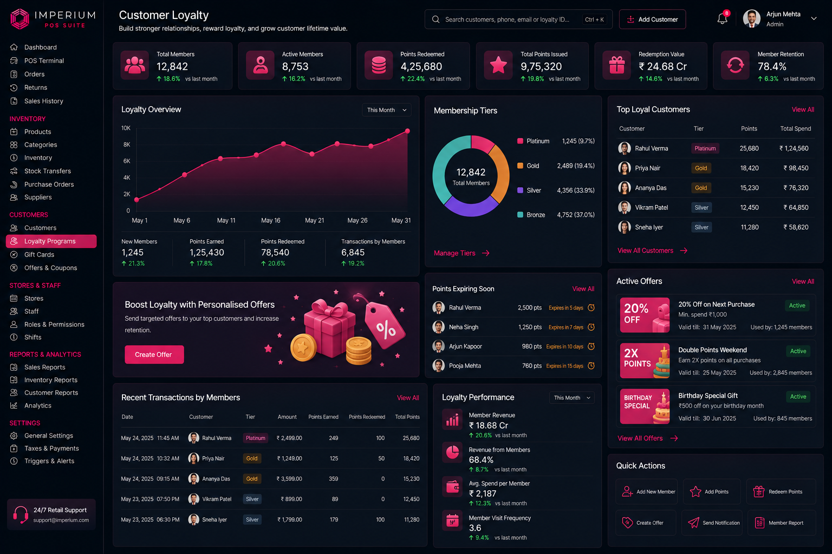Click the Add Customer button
pyautogui.click(x=652, y=19)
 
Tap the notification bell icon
pyautogui.click(x=722, y=18)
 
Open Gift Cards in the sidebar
pyautogui.click(x=39, y=255)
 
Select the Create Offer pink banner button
pyautogui.click(x=154, y=354)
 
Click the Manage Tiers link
pyautogui.click(x=461, y=253)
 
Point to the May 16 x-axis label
pyautogui.click(x=270, y=220)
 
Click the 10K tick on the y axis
pyautogui.click(x=126, y=128)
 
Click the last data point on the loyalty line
pyautogui.click(x=407, y=131)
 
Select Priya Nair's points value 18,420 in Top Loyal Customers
pyautogui.click(x=749, y=168)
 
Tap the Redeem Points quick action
pyautogui.click(x=781, y=492)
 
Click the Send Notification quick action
pyautogui.click(x=712, y=523)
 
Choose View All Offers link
pyautogui.click(x=647, y=438)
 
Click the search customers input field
pyautogui.click(x=518, y=19)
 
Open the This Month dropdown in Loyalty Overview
pyautogui.click(x=387, y=110)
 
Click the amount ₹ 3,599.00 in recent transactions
pyautogui.click(x=289, y=479)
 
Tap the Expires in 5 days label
pyautogui.click(x=565, y=308)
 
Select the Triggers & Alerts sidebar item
pyautogui.click(x=49, y=461)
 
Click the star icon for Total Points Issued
pyautogui.click(x=498, y=65)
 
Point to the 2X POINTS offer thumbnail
pyautogui.click(x=645, y=361)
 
